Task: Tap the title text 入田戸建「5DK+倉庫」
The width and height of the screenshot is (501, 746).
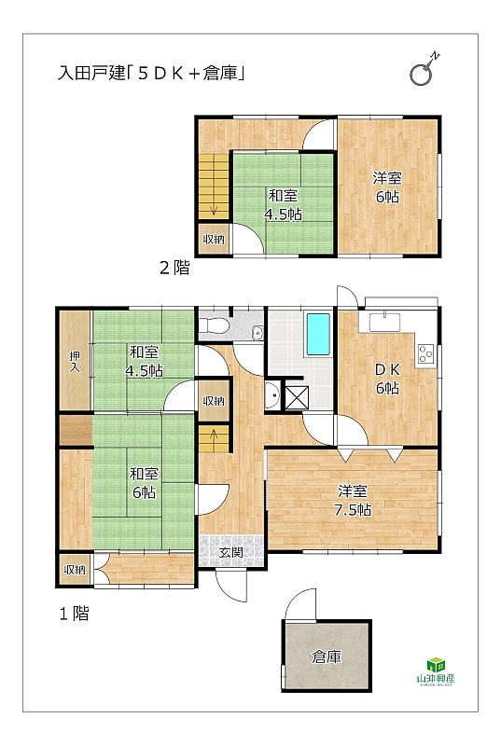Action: tap(151, 74)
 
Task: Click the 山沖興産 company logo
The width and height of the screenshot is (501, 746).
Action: tap(436, 670)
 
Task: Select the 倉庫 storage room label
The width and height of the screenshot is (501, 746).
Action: tap(327, 657)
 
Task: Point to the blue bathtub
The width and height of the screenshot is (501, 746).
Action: tap(318, 334)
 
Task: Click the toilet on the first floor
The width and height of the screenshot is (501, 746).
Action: tap(214, 325)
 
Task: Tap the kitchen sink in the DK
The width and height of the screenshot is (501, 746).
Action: tap(384, 322)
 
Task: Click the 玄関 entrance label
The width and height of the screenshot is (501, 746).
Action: tap(231, 552)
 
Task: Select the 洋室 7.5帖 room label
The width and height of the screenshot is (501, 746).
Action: tap(353, 501)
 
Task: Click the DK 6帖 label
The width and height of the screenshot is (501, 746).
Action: tap(388, 379)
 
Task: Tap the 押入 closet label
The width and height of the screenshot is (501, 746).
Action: tap(75, 362)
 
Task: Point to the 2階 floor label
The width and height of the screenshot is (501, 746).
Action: tap(174, 268)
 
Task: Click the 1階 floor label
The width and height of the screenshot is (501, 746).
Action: tap(75, 614)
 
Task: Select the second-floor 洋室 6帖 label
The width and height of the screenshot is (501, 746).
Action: tap(387, 187)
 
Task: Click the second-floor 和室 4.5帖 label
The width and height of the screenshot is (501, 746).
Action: tap(283, 205)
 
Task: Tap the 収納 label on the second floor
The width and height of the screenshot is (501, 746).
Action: tap(214, 240)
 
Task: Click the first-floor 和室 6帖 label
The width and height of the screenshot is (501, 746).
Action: tap(144, 483)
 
